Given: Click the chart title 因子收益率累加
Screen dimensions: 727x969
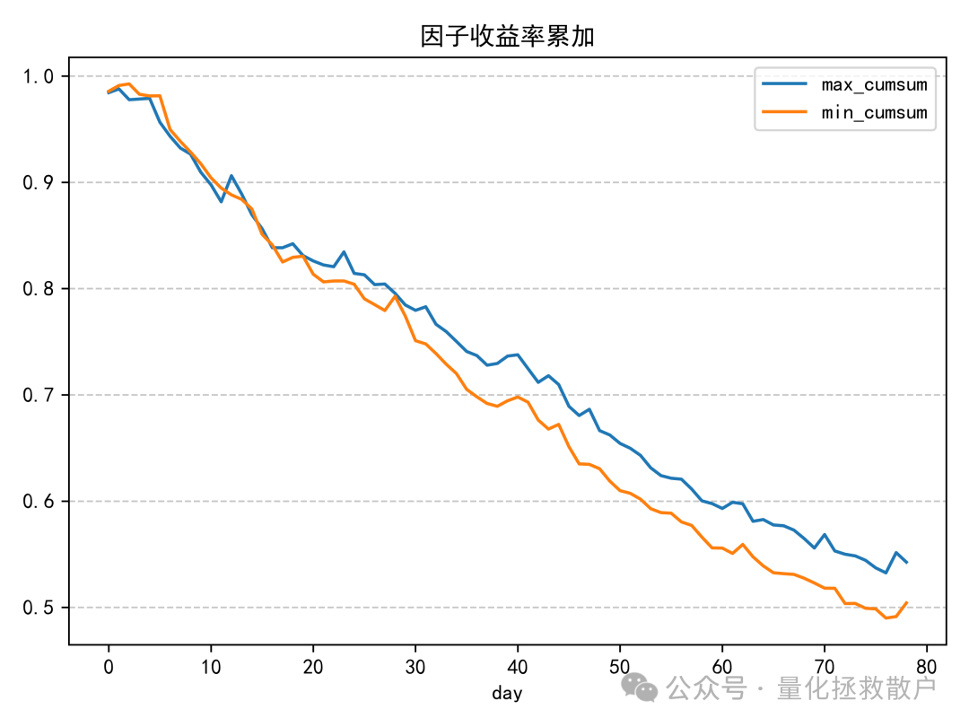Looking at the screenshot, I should [508, 36].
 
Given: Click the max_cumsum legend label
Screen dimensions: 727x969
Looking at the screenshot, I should [874, 85].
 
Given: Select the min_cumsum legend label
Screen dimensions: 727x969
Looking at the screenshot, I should [874, 113].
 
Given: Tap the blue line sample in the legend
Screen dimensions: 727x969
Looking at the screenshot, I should [784, 85].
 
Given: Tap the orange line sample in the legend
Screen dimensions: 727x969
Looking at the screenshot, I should [784, 113].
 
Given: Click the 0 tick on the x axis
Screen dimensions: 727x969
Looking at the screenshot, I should [109, 667].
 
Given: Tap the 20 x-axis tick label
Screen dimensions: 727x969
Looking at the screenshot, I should [313, 667].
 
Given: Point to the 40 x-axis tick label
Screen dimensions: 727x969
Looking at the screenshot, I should [518, 667].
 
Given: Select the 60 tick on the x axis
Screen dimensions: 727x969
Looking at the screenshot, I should [722, 667].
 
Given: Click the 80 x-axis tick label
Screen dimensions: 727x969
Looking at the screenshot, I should [927, 667].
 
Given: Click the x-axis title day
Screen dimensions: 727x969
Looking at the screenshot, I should [507, 693].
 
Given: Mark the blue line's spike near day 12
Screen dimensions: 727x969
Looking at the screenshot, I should [231, 176].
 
